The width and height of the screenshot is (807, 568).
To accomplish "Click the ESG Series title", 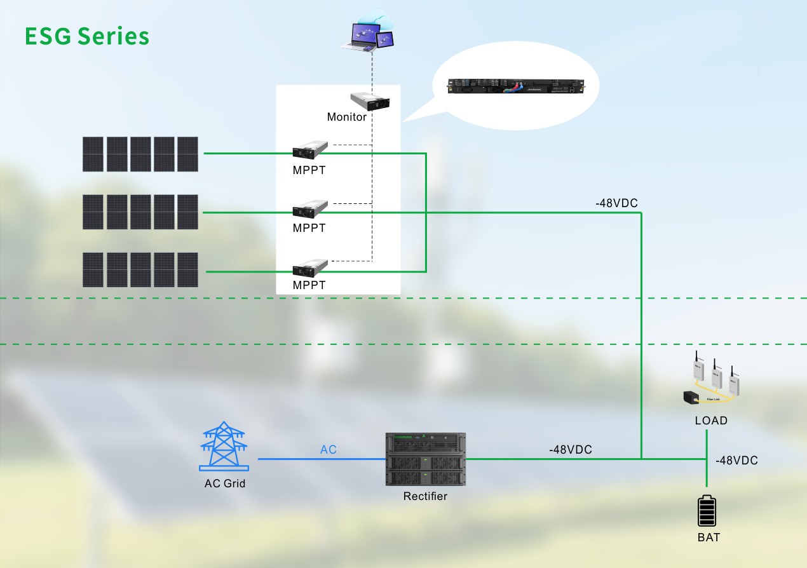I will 87,36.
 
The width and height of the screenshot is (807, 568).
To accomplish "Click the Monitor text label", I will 346,117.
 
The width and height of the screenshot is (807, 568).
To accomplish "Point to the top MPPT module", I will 309,150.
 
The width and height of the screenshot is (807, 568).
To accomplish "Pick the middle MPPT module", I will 309,209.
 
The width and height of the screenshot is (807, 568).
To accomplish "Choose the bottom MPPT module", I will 309,267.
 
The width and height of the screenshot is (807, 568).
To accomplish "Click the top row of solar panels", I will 140,154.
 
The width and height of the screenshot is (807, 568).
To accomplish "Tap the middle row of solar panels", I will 140,212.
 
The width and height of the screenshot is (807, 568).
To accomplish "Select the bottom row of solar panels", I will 140,270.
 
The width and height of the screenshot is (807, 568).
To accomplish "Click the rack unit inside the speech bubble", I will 515,87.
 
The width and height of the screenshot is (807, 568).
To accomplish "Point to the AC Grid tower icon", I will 223,445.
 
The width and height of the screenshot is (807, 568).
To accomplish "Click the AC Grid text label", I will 224,483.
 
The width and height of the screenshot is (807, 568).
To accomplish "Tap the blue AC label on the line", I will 328,450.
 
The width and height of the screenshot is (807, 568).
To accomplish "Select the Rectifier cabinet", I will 426,459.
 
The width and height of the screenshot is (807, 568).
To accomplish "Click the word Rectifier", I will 425,496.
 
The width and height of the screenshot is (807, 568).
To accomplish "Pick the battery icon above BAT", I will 707,511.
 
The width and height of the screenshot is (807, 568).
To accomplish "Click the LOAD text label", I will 711,421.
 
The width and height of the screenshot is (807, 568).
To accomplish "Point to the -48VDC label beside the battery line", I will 736,461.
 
